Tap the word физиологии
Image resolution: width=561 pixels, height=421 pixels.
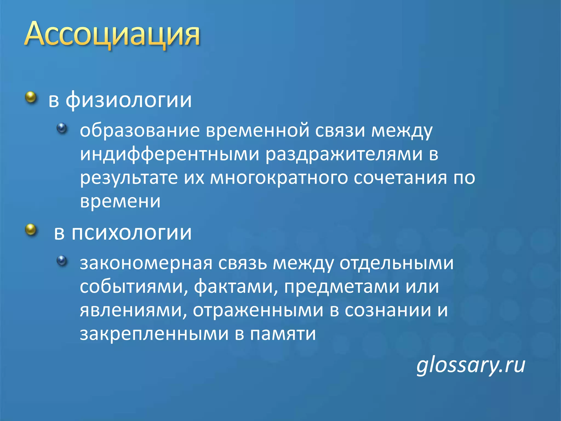pos(129,100)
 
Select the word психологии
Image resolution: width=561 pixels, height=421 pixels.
pos(131,233)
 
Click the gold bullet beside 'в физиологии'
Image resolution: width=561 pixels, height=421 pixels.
pos(31,97)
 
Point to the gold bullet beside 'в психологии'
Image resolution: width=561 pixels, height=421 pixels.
pos(31,230)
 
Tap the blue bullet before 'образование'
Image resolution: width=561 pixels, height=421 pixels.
pos(62,128)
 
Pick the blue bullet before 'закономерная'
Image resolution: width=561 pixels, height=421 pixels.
pos(62,261)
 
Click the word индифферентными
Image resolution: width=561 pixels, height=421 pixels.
pos(170,154)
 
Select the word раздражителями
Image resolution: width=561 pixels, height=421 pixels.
pos(344,154)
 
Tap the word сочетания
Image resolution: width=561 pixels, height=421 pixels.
pos(400,178)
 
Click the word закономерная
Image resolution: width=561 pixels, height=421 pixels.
pos(146,263)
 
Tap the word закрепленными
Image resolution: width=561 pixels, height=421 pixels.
pos(154,334)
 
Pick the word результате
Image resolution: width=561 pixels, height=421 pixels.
pos(129,178)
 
